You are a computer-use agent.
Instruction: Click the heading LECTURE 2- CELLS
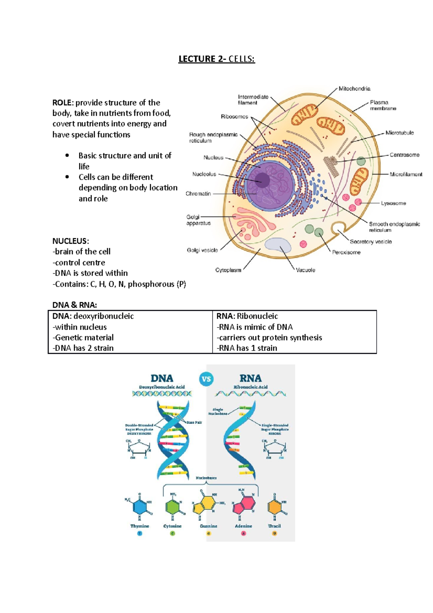tap(216, 59)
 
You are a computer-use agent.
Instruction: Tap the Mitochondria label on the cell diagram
tap(354, 88)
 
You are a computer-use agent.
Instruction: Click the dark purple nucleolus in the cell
tap(262, 180)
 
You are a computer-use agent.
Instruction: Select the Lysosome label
tap(393, 203)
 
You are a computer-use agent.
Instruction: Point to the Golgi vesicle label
tap(202, 250)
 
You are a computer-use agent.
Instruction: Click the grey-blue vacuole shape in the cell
tap(278, 245)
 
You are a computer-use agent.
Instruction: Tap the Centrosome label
tap(404, 155)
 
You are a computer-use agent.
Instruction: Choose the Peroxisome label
tap(346, 252)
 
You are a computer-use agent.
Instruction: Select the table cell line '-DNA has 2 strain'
tap(83, 348)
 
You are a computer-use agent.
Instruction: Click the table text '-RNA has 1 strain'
tap(247, 348)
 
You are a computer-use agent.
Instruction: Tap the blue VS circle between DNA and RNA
tap(206, 379)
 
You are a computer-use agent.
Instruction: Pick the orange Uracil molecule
tap(274, 507)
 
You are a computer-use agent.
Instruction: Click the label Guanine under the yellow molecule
tap(209, 526)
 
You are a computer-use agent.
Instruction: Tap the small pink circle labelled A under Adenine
tap(244, 533)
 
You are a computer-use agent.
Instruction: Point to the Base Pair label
tap(194, 422)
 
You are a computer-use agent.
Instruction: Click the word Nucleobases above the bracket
tap(206, 478)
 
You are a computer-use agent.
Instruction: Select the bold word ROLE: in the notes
tap(63, 103)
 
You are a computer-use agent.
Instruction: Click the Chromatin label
tap(198, 194)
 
